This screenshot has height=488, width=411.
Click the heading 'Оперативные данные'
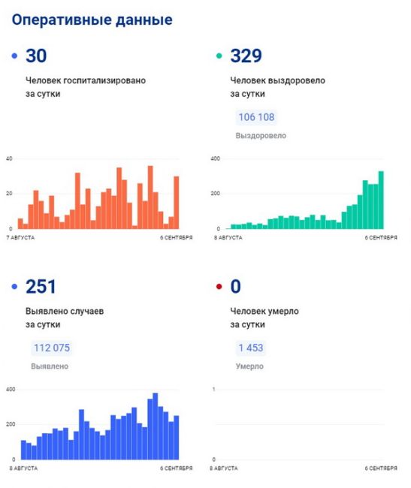92,20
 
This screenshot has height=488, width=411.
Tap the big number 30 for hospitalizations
36,56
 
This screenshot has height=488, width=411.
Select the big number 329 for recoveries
246,56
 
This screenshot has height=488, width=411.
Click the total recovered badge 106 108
256,117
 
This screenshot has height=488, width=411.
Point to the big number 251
41,287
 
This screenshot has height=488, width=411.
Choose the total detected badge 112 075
52,348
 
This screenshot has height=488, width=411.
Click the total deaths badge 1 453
251,348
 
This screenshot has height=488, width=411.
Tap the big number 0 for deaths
235,287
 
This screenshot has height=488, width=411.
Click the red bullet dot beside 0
219,286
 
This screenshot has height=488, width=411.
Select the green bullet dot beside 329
219,56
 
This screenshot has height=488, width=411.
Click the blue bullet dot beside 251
14,286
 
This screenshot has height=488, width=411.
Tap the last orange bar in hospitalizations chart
177,203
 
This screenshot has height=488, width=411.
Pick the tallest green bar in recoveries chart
381,200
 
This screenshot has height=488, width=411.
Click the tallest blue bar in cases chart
155,426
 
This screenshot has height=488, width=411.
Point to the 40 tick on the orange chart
9,158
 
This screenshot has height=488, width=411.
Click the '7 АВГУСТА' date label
20,238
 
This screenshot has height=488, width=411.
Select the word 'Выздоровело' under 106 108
261,136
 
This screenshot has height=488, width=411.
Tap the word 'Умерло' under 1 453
249,366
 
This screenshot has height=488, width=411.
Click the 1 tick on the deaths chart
213,390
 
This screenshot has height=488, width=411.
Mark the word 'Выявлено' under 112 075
50,366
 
